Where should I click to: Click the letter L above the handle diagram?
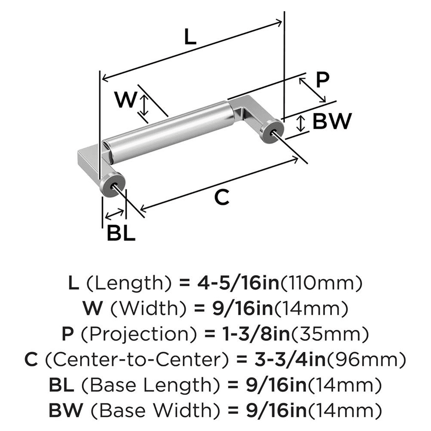pyautogui.click(x=190, y=37)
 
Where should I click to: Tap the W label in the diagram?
pyautogui.click(x=126, y=100)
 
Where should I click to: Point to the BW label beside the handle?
pyautogui.click(x=331, y=122)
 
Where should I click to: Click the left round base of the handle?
pyautogui.click(x=112, y=184)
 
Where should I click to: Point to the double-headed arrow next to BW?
pyautogui.click(x=302, y=124)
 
